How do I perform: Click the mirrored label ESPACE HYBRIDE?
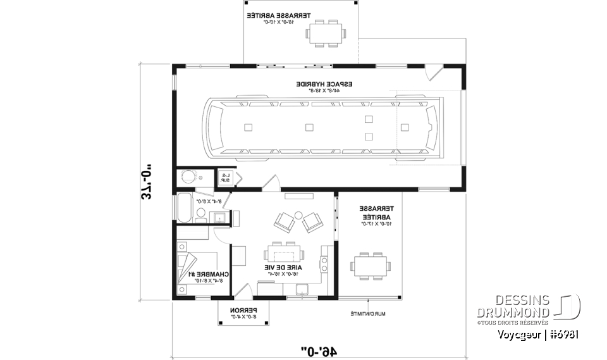coord(324,84)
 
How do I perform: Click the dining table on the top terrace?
coord(326,33)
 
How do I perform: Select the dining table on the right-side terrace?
coord(369,266)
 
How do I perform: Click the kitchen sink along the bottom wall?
coord(302,290)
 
